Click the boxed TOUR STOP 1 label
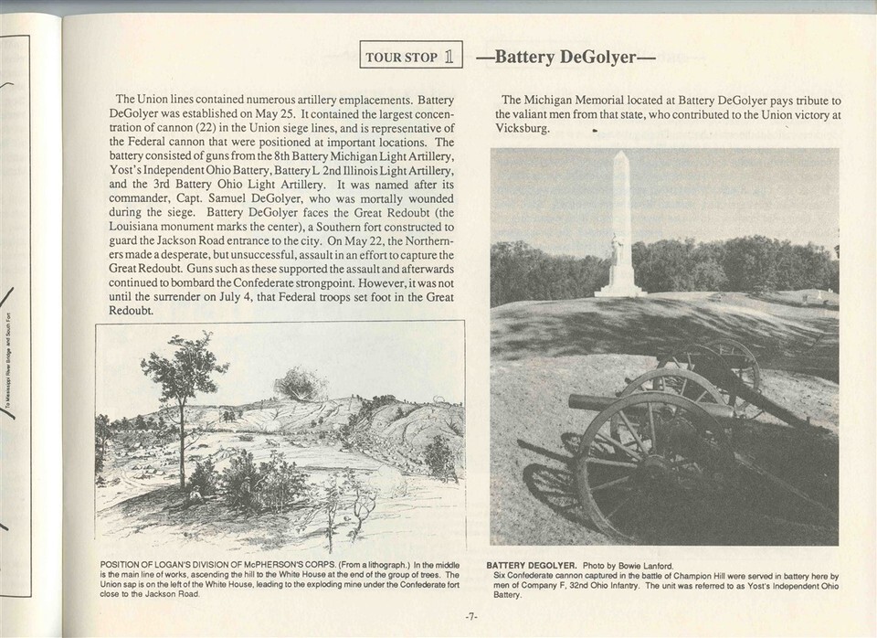[411, 56]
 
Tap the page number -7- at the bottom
[471, 617]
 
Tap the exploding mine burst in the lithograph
[301, 383]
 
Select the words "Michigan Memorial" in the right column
[574, 99]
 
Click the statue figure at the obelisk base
[618, 249]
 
